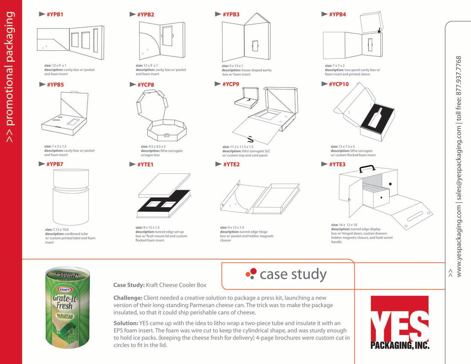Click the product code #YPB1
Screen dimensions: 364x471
(x=55, y=15)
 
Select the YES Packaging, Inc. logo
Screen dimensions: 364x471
(x=400, y=322)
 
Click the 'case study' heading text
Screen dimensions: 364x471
(x=293, y=274)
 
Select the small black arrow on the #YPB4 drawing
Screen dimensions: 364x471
(x=379, y=30)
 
